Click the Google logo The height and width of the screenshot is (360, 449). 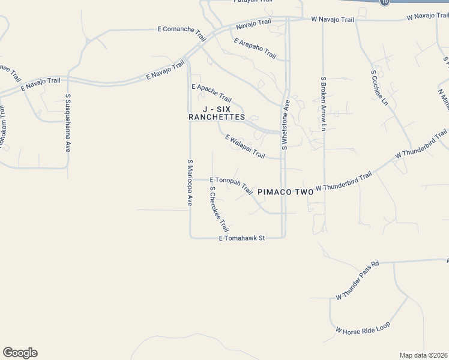pyautogui.click(x=20, y=353)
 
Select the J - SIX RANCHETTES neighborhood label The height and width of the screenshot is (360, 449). pyautogui.click(x=217, y=113)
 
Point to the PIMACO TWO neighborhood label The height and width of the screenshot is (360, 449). pyautogui.click(x=286, y=193)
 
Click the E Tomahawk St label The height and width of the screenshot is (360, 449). pyautogui.click(x=242, y=238)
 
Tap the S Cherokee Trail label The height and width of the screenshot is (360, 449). pyautogui.click(x=219, y=209)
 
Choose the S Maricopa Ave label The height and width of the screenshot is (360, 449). pyautogui.click(x=190, y=183)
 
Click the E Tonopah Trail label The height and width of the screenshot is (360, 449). pyautogui.click(x=231, y=184)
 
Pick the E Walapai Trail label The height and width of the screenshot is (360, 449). pyautogui.click(x=245, y=146)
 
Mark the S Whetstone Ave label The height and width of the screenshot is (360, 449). pyautogui.click(x=286, y=124)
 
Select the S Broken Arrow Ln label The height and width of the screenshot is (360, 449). pyautogui.click(x=323, y=104)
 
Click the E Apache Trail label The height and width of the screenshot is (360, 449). pyautogui.click(x=211, y=92)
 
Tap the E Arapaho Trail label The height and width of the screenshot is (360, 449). pyautogui.click(x=255, y=49)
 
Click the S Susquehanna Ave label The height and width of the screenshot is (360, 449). pyautogui.click(x=68, y=122)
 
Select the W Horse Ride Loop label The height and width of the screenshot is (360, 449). pyautogui.click(x=363, y=328)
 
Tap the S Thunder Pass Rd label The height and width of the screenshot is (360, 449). pyautogui.click(x=358, y=281)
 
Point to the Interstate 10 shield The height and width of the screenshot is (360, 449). pyautogui.click(x=385, y=2)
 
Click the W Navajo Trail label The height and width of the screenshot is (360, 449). pyautogui.click(x=333, y=19)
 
